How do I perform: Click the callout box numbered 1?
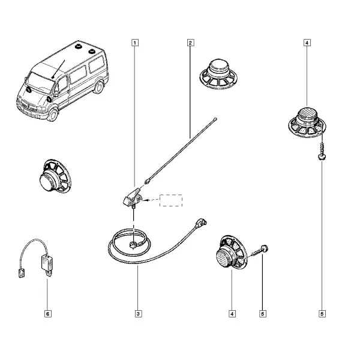tap(135, 43)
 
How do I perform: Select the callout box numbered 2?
tap(190, 43)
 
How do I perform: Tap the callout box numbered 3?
tap(138, 314)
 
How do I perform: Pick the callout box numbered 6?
tap(47, 314)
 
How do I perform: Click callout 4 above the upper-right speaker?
tap(307, 43)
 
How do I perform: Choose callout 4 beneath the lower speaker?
tap(232, 314)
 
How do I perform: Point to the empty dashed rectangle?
tap(171, 200)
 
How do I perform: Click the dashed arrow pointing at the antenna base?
tap(151, 200)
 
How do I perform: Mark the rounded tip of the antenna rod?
tap(215, 119)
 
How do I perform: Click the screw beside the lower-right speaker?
tap(260, 251)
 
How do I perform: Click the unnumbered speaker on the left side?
tap(55, 176)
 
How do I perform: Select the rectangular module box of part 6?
tap(47, 263)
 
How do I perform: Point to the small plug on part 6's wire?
tap(22, 273)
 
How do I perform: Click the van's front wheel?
tap(53, 115)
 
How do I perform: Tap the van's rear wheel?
tap(99, 87)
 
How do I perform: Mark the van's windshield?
tap(40, 82)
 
